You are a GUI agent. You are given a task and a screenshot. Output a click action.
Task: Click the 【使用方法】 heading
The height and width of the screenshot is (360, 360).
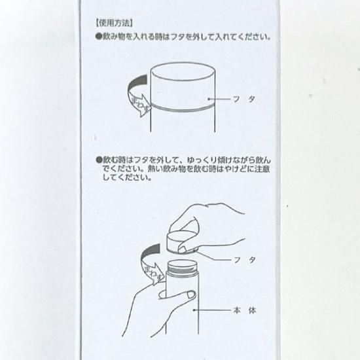(x=114, y=23)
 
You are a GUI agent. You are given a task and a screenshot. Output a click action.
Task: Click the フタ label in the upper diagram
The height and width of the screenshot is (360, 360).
(x=244, y=99)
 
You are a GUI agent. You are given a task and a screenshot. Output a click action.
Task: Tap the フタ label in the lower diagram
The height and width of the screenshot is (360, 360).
(x=245, y=260)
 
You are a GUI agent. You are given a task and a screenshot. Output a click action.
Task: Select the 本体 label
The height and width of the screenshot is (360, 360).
(x=245, y=310)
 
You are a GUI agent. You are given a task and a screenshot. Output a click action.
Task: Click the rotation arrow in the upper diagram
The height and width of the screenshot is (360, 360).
(x=137, y=96)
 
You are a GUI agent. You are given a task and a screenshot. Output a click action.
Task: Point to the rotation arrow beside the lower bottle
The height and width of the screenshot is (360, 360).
(x=150, y=264)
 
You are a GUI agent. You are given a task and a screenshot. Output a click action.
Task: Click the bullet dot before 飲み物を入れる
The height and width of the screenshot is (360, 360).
(x=98, y=37)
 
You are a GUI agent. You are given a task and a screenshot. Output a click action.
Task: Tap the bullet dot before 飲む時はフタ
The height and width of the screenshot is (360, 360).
(x=99, y=160)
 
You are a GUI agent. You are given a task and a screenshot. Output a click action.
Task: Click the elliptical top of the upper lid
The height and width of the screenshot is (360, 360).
(x=183, y=71)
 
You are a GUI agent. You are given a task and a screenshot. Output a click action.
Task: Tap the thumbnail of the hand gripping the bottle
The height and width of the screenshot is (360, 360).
(x=191, y=295)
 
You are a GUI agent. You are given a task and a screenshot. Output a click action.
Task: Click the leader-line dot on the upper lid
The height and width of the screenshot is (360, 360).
(x=209, y=99)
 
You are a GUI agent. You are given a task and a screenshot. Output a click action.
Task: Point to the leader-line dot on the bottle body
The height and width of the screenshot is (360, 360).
(x=194, y=310)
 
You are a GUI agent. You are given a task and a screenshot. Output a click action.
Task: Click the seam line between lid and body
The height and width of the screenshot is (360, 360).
(x=183, y=109)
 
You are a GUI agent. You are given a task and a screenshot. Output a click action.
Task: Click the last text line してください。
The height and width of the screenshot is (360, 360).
(x=127, y=177)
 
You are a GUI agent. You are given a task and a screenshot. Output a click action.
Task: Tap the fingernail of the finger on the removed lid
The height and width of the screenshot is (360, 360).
(x=183, y=249)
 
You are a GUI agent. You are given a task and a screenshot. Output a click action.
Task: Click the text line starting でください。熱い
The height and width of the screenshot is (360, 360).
(x=186, y=169)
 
